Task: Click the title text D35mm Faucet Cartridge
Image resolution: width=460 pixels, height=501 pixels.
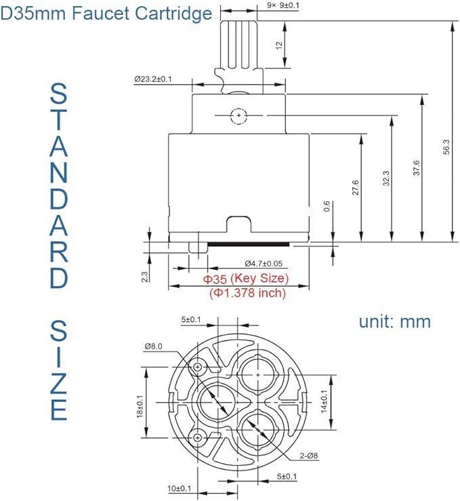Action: coord(106,13)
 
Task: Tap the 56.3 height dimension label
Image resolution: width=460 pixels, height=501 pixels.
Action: coord(445,146)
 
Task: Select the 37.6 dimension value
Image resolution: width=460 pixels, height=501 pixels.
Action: coord(416,167)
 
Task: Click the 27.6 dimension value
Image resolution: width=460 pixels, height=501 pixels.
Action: coord(355,188)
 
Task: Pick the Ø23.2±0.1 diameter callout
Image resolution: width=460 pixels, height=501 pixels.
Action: coord(162,79)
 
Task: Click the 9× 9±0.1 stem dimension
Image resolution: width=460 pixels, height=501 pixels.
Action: coord(285,5)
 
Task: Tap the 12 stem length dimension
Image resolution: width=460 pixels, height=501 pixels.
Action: coord(278,45)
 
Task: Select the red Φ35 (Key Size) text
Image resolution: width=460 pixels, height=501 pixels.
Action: coord(246,279)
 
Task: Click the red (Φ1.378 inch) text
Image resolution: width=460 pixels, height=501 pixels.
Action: coord(247,294)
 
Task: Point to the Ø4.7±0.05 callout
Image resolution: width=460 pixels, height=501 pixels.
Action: coord(264,264)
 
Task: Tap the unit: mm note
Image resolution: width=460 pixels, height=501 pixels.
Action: coord(395,321)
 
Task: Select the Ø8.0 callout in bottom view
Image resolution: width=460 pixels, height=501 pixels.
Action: coord(152,346)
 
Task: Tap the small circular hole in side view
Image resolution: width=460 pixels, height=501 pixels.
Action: coord(238,116)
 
